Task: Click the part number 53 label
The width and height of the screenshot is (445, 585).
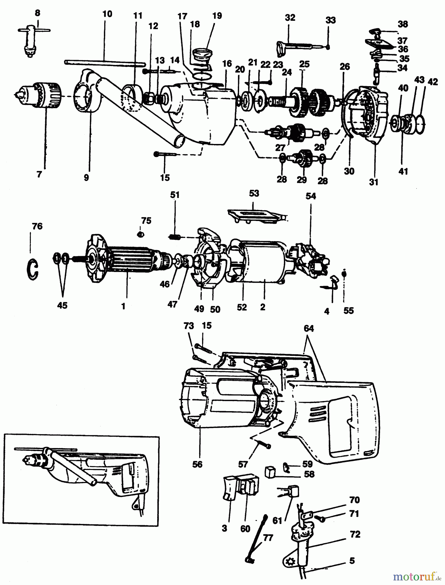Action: point(254,194)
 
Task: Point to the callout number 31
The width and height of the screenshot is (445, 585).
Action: point(374,182)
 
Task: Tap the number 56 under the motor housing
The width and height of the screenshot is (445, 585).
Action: point(197,464)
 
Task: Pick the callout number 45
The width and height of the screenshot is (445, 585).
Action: point(62,305)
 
